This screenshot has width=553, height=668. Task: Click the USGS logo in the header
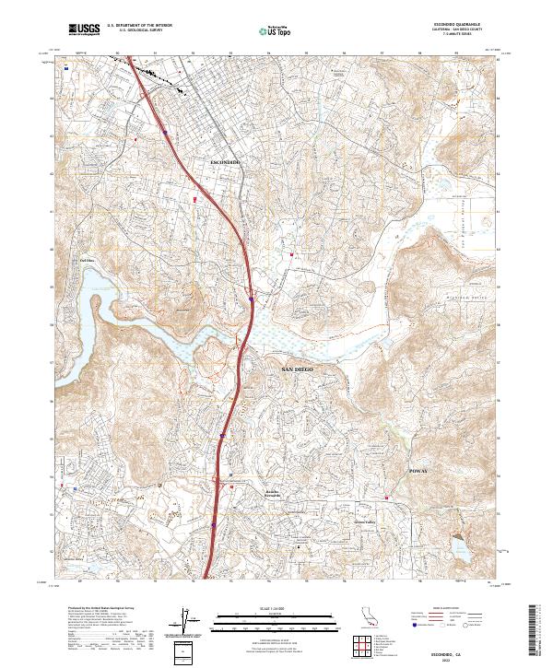pyautogui.click(x=84, y=30)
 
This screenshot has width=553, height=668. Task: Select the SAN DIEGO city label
pyautogui.click(x=297, y=369)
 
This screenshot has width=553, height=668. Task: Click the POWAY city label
pyautogui.click(x=418, y=470)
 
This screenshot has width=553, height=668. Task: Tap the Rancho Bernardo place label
pyautogui.click(x=278, y=494)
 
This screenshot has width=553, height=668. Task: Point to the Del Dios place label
pyautogui.click(x=88, y=261)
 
